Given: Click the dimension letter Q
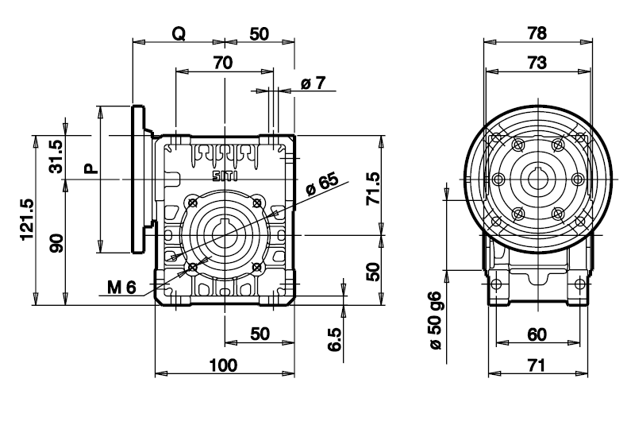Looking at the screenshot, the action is click(179, 34).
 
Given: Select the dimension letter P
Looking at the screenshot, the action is click(91, 168).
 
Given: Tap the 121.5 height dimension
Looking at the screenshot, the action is click(28, 219).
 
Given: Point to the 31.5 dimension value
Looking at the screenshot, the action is click(56, 156).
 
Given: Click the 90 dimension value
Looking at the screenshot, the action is click(56, 243).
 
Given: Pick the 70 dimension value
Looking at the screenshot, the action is click(223, 63).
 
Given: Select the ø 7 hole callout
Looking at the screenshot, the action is click(313, 83).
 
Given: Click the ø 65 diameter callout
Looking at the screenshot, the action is click(322, 184).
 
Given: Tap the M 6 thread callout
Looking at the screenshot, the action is click(121, 288).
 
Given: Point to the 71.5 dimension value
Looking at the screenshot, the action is click(373, 188).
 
